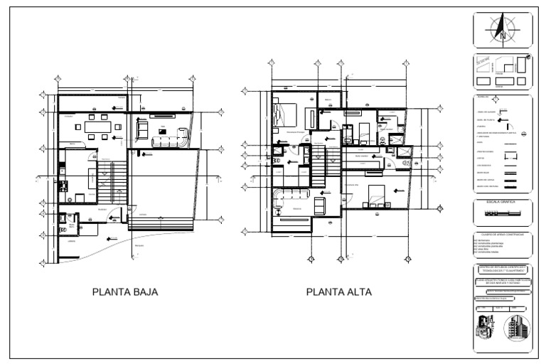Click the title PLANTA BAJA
125,291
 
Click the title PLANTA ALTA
338,291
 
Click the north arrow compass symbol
503,31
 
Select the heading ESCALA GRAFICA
502,203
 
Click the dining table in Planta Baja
97,127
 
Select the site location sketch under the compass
502,71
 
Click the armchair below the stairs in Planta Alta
320,205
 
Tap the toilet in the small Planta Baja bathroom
63,218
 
